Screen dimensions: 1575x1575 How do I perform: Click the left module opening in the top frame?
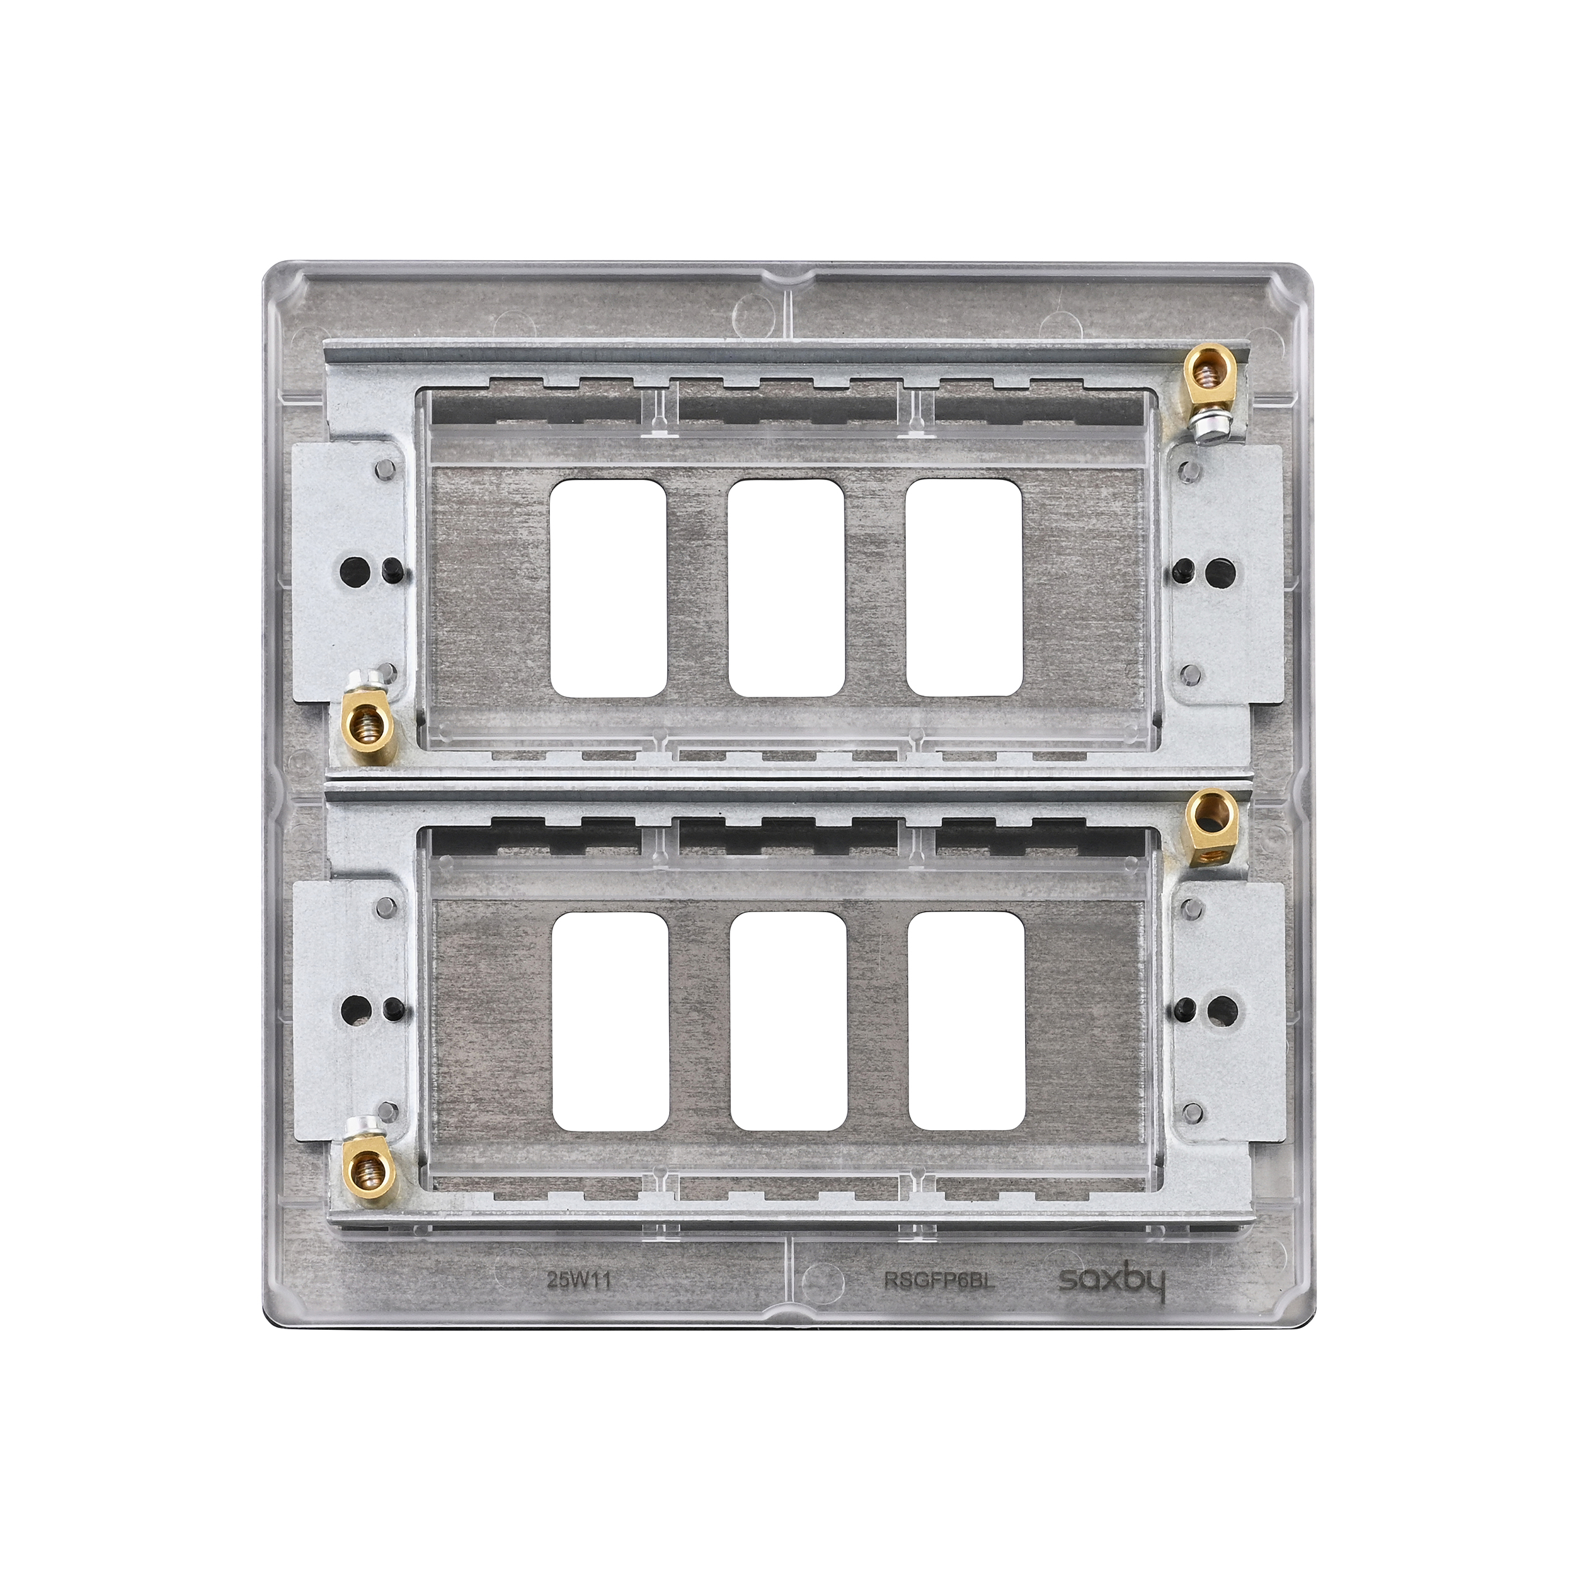point(610,588)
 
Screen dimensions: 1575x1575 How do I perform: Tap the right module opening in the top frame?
point(965,588)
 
